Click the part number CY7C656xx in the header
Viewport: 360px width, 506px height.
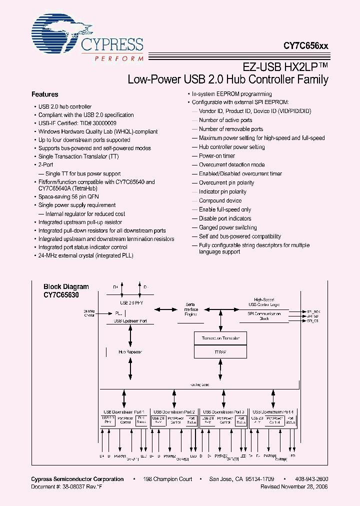pyautogui.click(x=306, y=45)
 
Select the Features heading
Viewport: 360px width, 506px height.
pyautogui.click(x=44, y=94)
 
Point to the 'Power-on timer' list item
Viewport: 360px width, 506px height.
pyautogui.click(x=216, y=156)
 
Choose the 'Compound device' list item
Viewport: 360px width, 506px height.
pyautogui.click(x=220, y=200)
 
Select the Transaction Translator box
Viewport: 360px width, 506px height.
pyautogui.click(x=220, y=338)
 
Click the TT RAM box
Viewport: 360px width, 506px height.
pyautogui.click(x=220, y=351)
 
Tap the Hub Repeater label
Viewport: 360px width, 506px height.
pyautogui.click(x=130, y=352)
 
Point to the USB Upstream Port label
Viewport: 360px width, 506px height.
pyautogui.click(x=130, y=320)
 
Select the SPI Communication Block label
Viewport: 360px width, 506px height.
pyautogui.click(x=264, y=316)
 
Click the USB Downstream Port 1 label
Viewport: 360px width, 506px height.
pyautogui.click(x=124, y=411)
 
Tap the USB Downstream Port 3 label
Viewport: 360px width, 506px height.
pyautogui.click(x=223, y=411)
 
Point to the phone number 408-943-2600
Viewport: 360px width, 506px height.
pyautogui.click(x=311, y=479)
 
